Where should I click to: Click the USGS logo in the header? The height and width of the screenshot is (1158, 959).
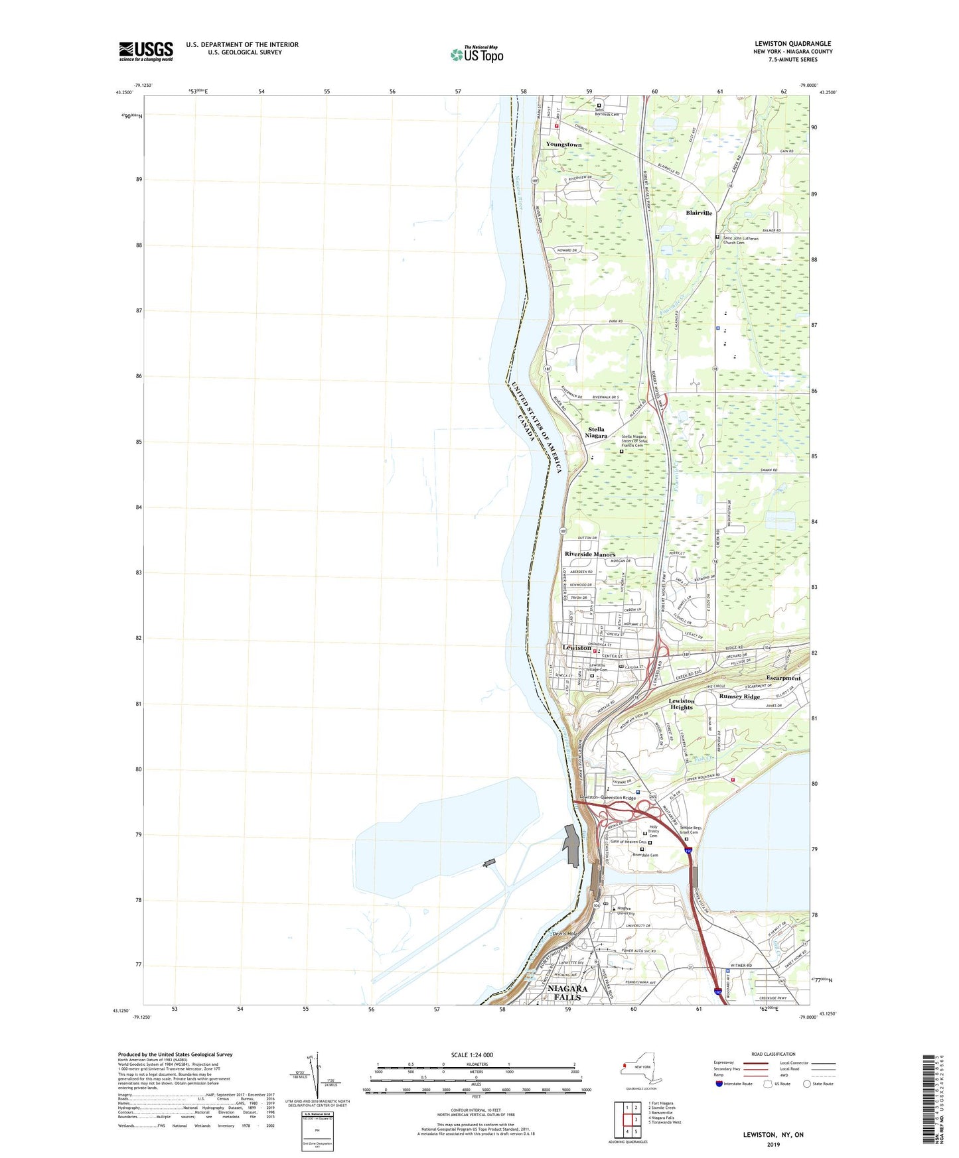[x=146, y=51]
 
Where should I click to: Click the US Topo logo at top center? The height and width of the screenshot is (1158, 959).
[x=477, y=54]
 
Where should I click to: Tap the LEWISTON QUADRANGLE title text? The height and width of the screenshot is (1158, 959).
[x=792, y=44]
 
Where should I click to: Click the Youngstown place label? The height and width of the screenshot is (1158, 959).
[x=563, y=144]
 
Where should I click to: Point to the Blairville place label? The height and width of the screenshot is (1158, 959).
[x=699, y=213]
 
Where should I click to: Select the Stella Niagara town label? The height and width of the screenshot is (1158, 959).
[x=597, y=432]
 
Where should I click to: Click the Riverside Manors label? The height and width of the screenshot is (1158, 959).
[x=590, y=554]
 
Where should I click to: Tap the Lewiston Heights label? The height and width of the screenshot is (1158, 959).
[x=681, y=704]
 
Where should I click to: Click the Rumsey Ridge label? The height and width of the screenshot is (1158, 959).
[x=739, y=696]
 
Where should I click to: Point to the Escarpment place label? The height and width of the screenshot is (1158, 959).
[x=783, y=678]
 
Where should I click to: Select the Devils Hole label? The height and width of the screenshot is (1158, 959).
[x=565, y=934]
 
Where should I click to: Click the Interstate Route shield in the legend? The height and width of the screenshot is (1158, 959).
[x=719, y=1084]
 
